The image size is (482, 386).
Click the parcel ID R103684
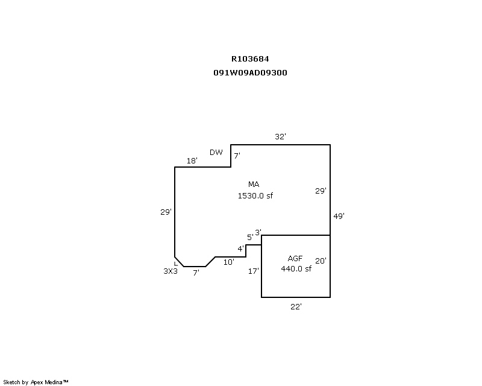(x=250, y=59)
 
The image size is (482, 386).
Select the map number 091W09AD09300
(x=250, y=72)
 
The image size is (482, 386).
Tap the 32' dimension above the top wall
(x=280, y=136)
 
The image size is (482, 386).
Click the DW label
(x=216, y=152)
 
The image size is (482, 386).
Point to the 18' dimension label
(x=192, y=160)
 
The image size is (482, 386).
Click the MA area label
(x=254, y=184)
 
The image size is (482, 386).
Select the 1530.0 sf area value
(x=255, y=195)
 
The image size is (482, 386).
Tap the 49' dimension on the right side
(x=339, y=216)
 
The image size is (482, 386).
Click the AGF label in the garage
(x=295, y=258)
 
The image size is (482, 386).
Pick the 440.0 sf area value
(x=296, y=269)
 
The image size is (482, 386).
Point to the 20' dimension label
(x=321, y=261)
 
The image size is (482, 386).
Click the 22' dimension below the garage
(x=296, y=306)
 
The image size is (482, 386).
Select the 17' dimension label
(x=254, y=271)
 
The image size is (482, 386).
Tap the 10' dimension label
(x=229, y=262)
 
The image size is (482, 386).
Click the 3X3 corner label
(x=171, y=271)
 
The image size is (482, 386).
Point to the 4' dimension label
(x=240, y=248)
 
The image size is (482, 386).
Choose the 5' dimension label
(x=250, y=237)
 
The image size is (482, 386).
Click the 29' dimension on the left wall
(x=166, y=212)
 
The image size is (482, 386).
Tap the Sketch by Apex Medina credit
(x=36, y=382)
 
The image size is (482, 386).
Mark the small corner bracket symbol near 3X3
(x=176, y=264)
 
